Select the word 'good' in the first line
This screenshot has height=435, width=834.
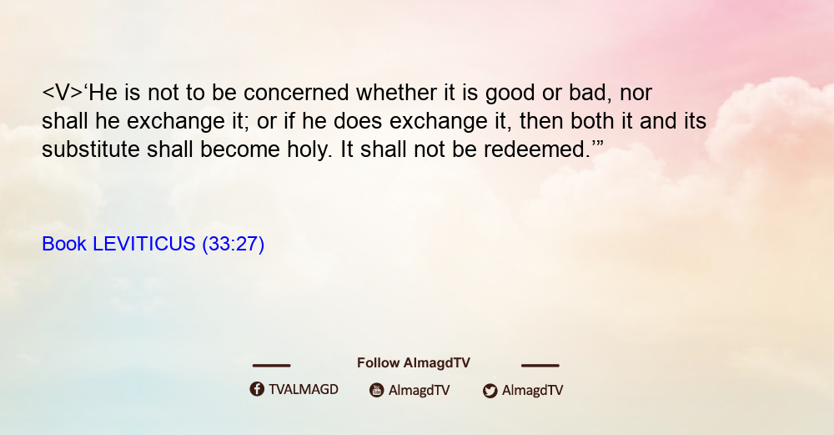pos(510,94)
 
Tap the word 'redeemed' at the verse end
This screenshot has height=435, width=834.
pos(534,149)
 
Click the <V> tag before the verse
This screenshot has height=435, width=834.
pos(63,93)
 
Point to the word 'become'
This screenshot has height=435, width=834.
pos(240,149)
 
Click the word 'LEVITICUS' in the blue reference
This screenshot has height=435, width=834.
pos(144,244)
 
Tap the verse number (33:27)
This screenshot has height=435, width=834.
pos(233,245)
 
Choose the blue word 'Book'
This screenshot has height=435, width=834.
pos(64,244)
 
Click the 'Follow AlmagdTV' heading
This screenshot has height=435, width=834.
pos(414,363)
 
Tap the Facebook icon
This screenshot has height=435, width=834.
pos(257,389)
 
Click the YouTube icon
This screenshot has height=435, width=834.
pos(377,390)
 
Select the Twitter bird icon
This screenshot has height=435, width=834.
pos(490,391)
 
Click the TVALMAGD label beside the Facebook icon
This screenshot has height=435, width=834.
pos(304,390)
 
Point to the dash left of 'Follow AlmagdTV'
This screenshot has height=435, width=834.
pos(271,365)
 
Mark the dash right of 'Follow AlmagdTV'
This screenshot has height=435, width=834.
pos(540,365)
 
